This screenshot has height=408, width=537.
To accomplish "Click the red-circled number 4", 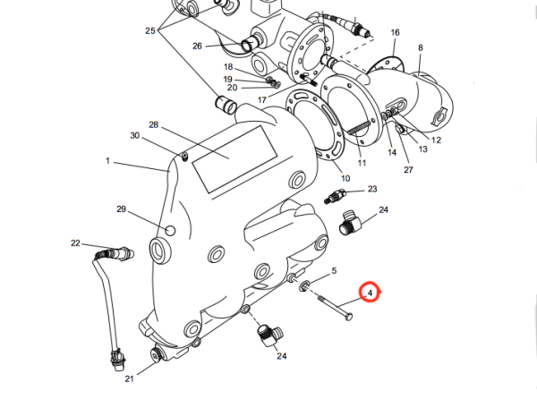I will coord(370,293).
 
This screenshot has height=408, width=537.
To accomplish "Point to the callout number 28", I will coord(153,124).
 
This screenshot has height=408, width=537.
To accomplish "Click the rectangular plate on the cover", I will coord(229,157).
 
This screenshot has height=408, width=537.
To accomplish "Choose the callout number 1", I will coord(107,161).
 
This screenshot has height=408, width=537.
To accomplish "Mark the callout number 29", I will coord(122,208).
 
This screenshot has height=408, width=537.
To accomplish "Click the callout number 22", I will coord(76,243).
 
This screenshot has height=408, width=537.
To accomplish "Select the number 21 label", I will coord(129,379).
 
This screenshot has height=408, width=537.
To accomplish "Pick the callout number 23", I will coord(372,189).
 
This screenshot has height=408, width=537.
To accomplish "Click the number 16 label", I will coord(395,32).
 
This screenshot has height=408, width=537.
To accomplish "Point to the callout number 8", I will coord(421,47).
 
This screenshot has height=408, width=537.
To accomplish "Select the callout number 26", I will coord(198,46).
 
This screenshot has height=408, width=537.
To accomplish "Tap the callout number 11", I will coord(362,164).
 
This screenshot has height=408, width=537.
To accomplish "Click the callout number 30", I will coord(135,136).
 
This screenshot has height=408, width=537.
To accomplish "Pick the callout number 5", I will coord(334,270).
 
